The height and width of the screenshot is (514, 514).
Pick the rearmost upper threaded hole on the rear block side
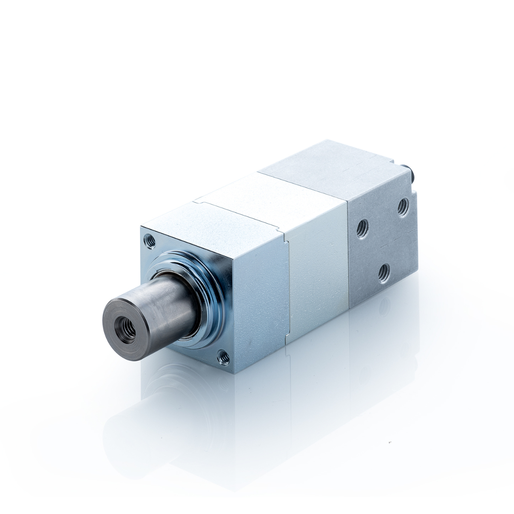point(403,208)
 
